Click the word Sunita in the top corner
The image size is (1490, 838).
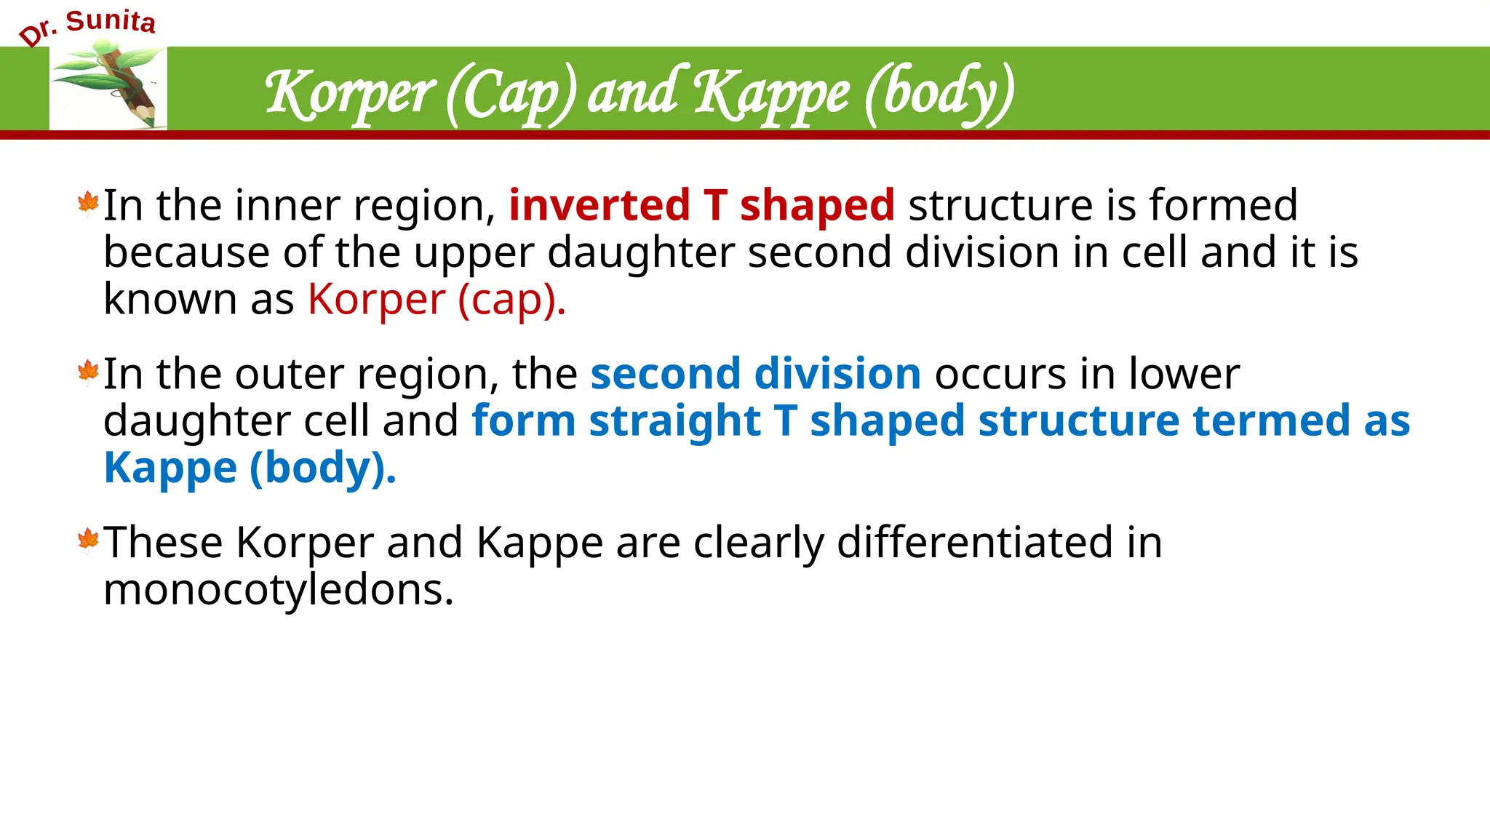point(111,22)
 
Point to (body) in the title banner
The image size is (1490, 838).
point(939,95)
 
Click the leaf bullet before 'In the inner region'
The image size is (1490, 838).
point(88,204)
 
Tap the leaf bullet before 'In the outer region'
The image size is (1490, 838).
point(88,372)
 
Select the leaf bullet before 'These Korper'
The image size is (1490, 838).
point(88,540)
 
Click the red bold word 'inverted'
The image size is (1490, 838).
point(599,204)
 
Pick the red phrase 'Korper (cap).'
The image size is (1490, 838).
point(437,299)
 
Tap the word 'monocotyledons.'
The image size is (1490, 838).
point(279,589)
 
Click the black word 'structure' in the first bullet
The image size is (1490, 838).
point(1000,204)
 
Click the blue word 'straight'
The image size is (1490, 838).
point(674,420)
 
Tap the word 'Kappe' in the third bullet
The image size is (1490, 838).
point(539,542)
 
